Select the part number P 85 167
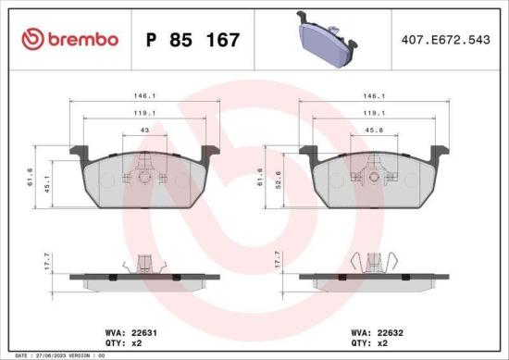click(x=193, y=40)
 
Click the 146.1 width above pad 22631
click(x=143, y=95)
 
